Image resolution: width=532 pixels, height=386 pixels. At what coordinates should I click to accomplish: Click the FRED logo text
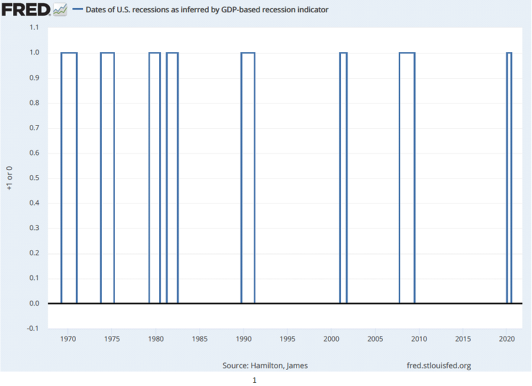[x=26, y=9]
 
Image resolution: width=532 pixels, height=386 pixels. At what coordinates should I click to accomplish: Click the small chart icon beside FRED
[x=60, y=10]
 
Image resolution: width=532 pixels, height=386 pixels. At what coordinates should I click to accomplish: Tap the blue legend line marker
[x=78, y=9]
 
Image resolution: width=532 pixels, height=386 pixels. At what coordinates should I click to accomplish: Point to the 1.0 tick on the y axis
[x=34, y=52]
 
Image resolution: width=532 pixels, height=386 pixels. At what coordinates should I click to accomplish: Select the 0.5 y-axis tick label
[x=34, y=178]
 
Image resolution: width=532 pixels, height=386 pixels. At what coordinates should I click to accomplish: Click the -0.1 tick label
[x=33, y=328]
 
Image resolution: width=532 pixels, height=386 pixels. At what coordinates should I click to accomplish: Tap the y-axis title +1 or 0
[x=9, y=178]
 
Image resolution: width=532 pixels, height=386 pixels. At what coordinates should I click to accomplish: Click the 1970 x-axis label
[x=68, y=339]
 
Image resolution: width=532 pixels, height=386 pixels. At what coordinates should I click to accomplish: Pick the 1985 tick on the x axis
[x=200, y=339]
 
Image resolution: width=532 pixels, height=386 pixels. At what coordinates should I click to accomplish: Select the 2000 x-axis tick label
[x=331, y=339]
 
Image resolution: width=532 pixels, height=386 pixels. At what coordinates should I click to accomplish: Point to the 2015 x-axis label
[x=463, y=339]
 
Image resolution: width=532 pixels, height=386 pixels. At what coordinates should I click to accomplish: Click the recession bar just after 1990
[x=247, y=53]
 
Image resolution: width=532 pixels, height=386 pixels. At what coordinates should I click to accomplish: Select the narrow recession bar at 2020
[x=509, y=53]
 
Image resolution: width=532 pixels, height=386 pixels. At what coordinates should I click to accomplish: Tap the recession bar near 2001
[x=344, y=53]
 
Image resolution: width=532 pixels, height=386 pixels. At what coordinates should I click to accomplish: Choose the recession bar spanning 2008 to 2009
[x=407, y=53]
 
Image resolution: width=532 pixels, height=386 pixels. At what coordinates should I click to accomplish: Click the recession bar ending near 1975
[x=107, y=53]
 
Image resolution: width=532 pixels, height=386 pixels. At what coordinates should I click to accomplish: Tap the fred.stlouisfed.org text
[x=439, y=366]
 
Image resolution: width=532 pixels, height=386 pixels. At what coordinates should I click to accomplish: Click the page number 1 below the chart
[x=254, y=380]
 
